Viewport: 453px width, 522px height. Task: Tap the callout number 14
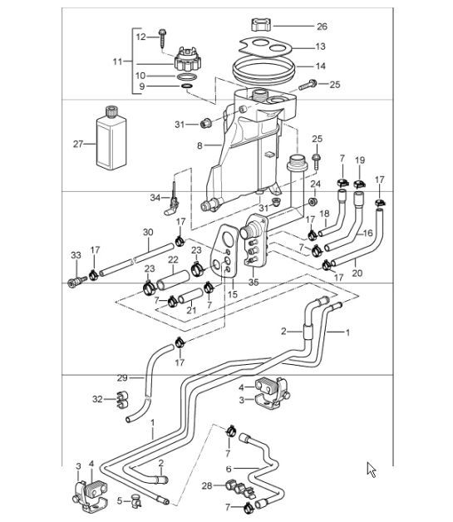point(320,66)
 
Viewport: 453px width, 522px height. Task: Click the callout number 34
point(155,197)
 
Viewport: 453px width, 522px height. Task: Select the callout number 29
point(122,378)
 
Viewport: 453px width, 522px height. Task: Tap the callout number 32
point(98,399)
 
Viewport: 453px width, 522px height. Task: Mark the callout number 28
point(205,485)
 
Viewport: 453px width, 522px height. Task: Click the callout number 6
point(228,469)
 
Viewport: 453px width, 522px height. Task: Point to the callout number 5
point(119,500)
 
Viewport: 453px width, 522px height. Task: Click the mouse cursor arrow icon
point(372,470)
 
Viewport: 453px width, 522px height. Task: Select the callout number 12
point(140,36)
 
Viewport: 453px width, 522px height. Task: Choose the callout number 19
point(360,160)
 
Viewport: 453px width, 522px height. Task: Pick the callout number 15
point(234,293)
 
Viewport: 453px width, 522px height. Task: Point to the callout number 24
point(315,185)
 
